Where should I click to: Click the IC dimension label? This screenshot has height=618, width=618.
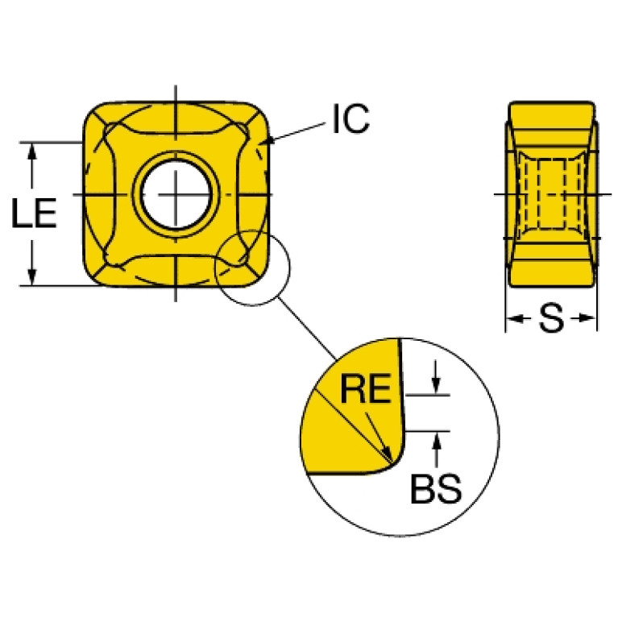[350, 119]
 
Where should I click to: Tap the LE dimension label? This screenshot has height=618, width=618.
[34, 214]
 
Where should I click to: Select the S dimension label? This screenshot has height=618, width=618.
[550, 320]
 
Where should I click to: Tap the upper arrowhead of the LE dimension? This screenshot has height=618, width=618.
[32, 150]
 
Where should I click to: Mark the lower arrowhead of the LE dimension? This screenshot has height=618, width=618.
[32, 277]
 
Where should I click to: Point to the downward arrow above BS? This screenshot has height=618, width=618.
[436, 387]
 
